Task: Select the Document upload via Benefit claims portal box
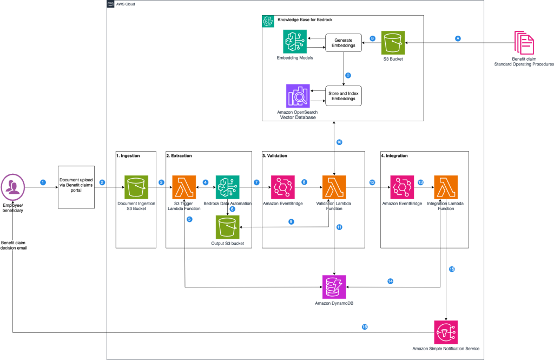[x=76, y=187]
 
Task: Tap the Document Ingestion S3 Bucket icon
[x=136, y=187]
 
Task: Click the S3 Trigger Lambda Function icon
[x=183, y=187]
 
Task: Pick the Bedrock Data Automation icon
[x=227, y=187]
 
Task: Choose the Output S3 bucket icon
[x=228, y=226]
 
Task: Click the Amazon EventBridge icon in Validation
[x=283, y=187]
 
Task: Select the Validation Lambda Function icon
[x=334, y=187]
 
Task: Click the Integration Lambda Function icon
[x=446, y=187]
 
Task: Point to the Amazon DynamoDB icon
[x=334, y=286]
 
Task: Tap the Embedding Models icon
[x=295, y=42]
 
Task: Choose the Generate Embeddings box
[x=343, y=43]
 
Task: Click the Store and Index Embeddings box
[x=343, y=95]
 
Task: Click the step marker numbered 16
[x=364, y=327]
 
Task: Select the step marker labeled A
[x=458, y=39]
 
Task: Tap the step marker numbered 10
[x=339, y=142]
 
